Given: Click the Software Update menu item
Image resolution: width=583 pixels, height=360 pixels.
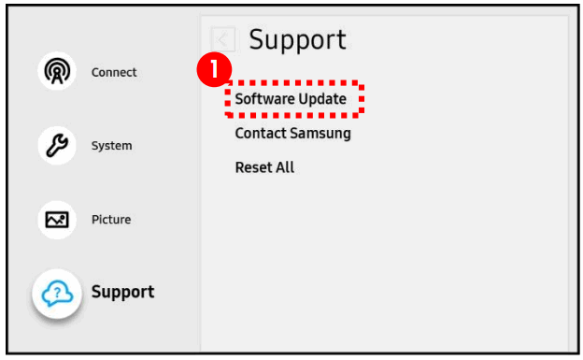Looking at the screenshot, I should [291, 98].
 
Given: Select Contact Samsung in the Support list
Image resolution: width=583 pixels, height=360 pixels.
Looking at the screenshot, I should [292, 133].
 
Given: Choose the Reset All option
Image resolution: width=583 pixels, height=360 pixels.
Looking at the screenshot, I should [264, 167].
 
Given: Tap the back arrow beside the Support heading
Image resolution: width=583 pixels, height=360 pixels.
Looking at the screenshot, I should [223, 39].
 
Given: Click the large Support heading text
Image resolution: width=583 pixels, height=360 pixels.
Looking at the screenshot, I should [297, 39].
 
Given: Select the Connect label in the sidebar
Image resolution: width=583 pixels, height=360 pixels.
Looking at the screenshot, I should [114, 73].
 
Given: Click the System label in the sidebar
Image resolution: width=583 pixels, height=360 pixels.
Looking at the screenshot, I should [111, 146].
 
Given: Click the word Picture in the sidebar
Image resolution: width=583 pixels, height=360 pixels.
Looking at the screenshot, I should [111, 220].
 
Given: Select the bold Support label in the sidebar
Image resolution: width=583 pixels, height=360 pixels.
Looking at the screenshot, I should [122, 292].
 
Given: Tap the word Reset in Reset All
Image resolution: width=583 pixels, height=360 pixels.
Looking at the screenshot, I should [253, 167].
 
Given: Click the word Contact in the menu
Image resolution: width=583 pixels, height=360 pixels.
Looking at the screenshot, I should [260, 133].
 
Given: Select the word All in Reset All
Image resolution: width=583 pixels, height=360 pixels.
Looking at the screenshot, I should [284, 167].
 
